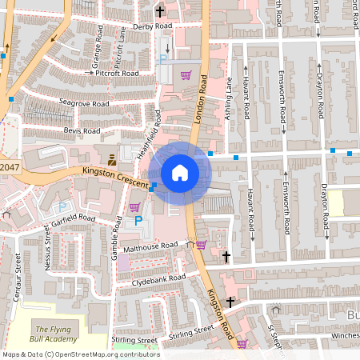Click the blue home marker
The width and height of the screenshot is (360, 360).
[179, 172]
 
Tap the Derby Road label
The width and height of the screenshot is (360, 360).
[152, 26]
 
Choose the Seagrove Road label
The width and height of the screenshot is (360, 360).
[84, 103]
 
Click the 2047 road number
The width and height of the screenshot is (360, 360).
[8, 166]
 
